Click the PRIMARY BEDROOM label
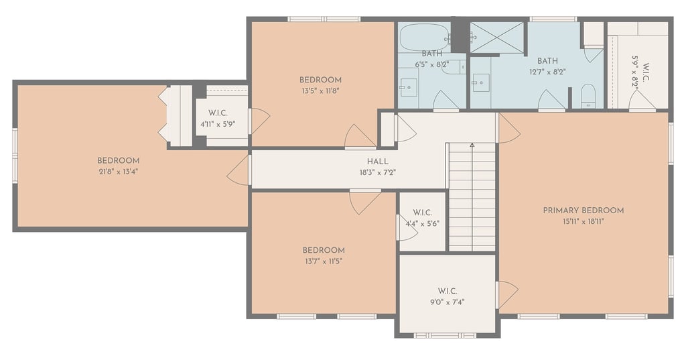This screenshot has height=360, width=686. point(584,211)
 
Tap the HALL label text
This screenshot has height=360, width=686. point(378,162)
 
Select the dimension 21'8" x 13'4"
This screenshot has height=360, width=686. point(119,172)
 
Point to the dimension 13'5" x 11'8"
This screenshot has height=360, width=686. point(320,91)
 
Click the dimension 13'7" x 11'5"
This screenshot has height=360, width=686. point(324,261)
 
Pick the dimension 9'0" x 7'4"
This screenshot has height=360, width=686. point(447,302)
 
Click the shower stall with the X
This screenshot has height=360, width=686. point(497,38)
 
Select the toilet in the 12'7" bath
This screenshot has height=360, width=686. point(588,95)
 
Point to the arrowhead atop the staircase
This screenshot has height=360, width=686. point(472,145)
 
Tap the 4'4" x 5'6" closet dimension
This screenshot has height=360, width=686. point(423,223)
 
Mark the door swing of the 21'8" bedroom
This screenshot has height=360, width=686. point(237,170)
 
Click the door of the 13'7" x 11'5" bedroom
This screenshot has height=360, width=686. point(364,202)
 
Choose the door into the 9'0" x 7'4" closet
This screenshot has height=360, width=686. point(506,294)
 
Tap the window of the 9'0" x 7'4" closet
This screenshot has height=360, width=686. point(445,335)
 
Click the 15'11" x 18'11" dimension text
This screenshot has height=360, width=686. point(584,222)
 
